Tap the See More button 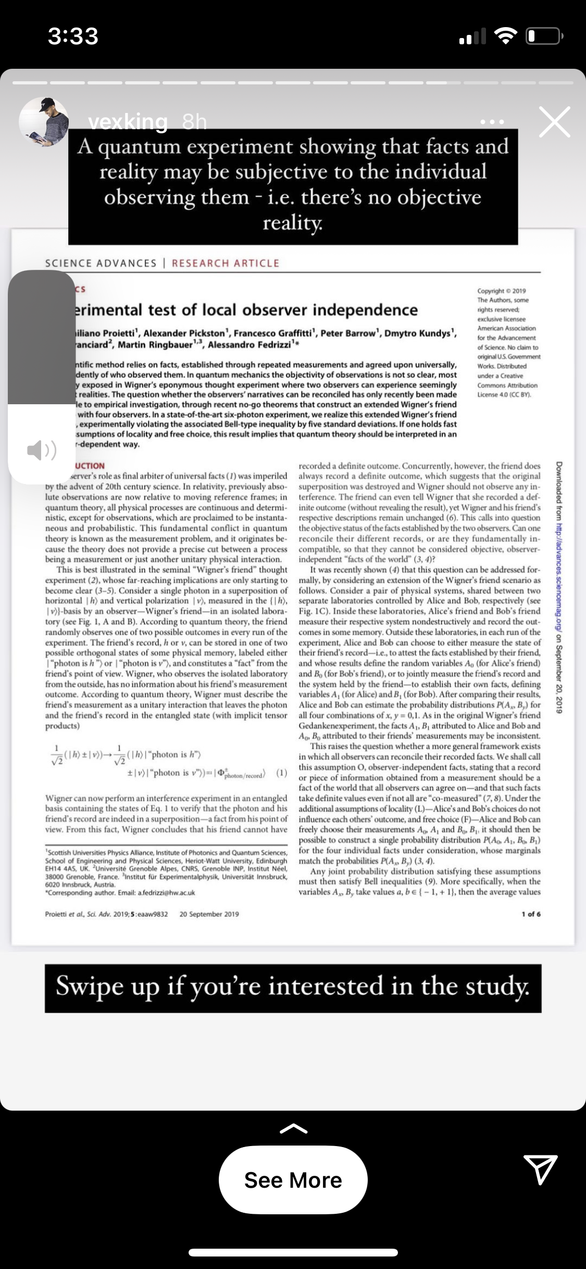click(x=293, y=1180)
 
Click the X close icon click(x=554, y=122)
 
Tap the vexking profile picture click(x=44, y=121)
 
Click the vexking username click(x=128, y=121)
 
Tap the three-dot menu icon click(x=492, y=122)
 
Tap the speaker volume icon click(x=42, y=450)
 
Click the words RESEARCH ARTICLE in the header click(x=226, y=263)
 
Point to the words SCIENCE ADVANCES click(x=101, y=263)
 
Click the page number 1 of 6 click(x=531, y=914)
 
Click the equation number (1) click(x=281, y=773)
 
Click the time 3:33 click(x=73, y=36)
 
